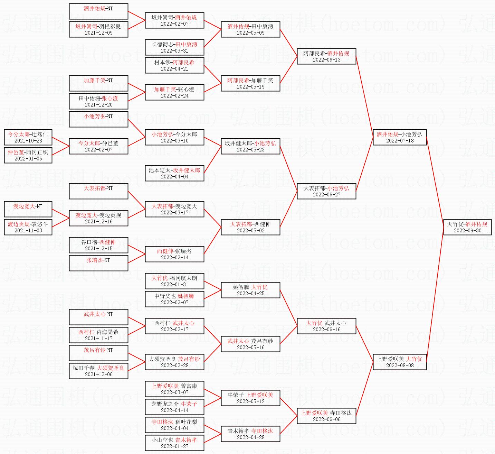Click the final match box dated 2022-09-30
click(x=467, y=227)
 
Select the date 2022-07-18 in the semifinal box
click(x=400, y=140)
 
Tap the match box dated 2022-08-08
click(x=400, y=362)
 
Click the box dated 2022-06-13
click(x=326, y=56)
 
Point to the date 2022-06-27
click(x=326, y=194)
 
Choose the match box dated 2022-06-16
click(x=326, y=326)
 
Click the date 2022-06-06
click(x=326, y=419)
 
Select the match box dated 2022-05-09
click(x=250, y=29)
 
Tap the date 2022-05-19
click(x=250, y=87)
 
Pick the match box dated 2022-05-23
click(x=250, y=146)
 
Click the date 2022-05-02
click(x=250, y=231)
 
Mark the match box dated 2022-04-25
click(x=250, y=290)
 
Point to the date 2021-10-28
click(x=28, y=140)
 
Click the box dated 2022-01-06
click(x=28, y=155)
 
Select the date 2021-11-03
click(x=28, y=231)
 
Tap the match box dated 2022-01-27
click(x=174, y=443)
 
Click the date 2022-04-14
click(x=174, y=410)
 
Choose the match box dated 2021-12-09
click(x=98, y=29)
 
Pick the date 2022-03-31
click(x=174, y=50)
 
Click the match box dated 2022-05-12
click(x=250, y=398)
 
